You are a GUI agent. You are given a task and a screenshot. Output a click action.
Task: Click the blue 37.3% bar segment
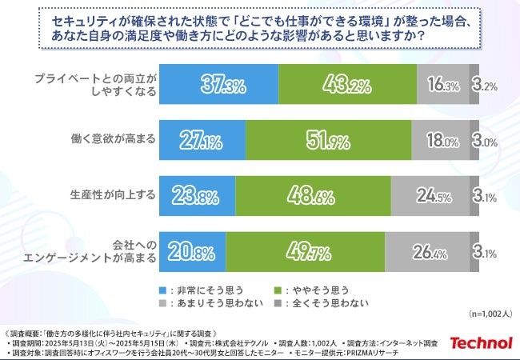tap(218, 84)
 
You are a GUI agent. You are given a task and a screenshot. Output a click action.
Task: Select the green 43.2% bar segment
tap(347, 84)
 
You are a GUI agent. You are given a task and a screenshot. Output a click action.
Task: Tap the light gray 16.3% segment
tap(442, 84)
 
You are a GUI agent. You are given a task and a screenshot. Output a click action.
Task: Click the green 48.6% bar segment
tap(313, 196)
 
